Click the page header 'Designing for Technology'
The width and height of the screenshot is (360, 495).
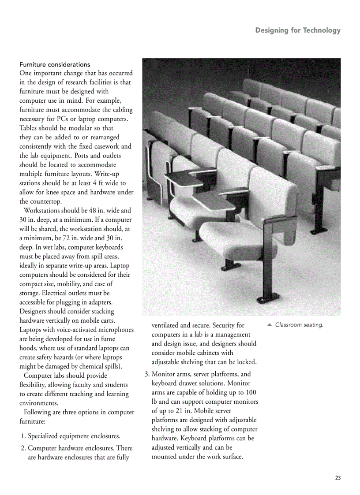click(298, 30)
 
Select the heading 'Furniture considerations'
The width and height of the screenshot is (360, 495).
click(55, 64)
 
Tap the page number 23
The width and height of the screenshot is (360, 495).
click(338, 478)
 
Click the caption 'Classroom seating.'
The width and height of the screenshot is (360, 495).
click(299, 325)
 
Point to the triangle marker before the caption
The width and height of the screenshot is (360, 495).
click(270, 325)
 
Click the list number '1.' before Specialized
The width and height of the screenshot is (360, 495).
click(24, 436)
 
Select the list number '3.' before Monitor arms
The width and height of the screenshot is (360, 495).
click(148, 374)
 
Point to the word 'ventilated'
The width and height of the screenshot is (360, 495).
click(166, 325)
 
